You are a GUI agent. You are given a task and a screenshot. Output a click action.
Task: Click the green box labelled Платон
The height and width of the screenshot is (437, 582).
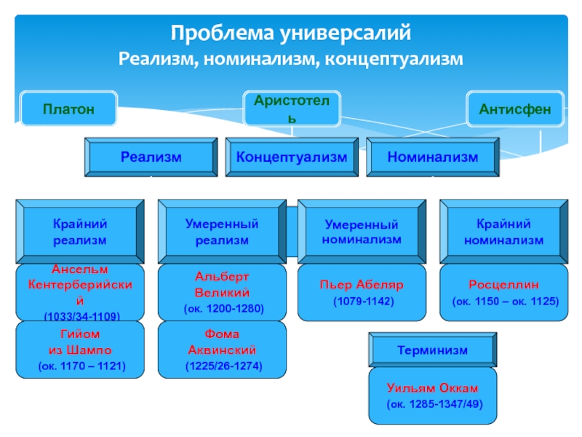(x=68, y=109)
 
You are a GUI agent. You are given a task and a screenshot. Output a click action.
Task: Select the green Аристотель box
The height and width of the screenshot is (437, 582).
(x=290, y=109)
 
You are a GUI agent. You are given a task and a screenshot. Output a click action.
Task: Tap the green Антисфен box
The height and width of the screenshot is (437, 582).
(x=514, y=109)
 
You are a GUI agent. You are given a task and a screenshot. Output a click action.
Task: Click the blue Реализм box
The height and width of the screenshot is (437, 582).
(x=151, y=157)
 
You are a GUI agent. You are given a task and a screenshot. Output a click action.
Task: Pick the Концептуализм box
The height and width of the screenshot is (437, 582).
(x=292, y=157)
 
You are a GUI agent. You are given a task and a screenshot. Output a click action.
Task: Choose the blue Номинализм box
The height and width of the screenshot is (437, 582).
(x=433, y=157)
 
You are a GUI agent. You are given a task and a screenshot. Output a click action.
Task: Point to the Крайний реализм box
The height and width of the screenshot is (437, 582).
(x=80, y=232)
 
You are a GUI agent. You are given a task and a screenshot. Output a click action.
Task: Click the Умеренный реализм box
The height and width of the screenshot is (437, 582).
(x=221, y=232)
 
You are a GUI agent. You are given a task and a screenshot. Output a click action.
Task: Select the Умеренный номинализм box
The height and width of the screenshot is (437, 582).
(x=362, y=232)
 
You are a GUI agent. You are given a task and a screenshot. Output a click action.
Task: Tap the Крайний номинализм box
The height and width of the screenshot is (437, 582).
(x=503, y=232)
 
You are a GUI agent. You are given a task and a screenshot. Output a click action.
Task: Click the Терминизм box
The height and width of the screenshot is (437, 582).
(x=433, y=350)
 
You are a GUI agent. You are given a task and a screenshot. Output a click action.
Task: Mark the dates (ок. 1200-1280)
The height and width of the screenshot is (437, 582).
(x=223, y=308)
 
